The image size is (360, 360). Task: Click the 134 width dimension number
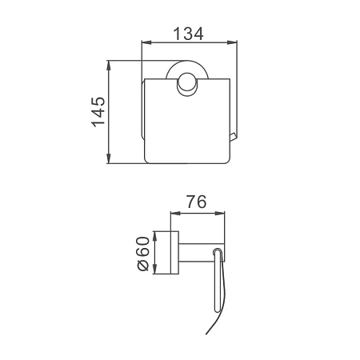(x=188, y=34)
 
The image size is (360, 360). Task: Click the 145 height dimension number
(x=98, y=112)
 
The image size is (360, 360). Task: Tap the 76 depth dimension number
(x=196, y=202)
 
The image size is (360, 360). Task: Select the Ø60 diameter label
(x=142, y=254)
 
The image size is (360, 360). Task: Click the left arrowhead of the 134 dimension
(x=146, y=42)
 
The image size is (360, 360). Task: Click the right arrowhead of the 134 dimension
(x=232, y=42)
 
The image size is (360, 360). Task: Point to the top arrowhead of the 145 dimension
(x=108, y=66)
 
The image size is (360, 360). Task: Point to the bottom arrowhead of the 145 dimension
(x=108, y=158)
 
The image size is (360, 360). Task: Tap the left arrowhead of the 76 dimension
(x=175, y=213)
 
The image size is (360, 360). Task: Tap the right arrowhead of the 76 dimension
(x=220, y=213)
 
